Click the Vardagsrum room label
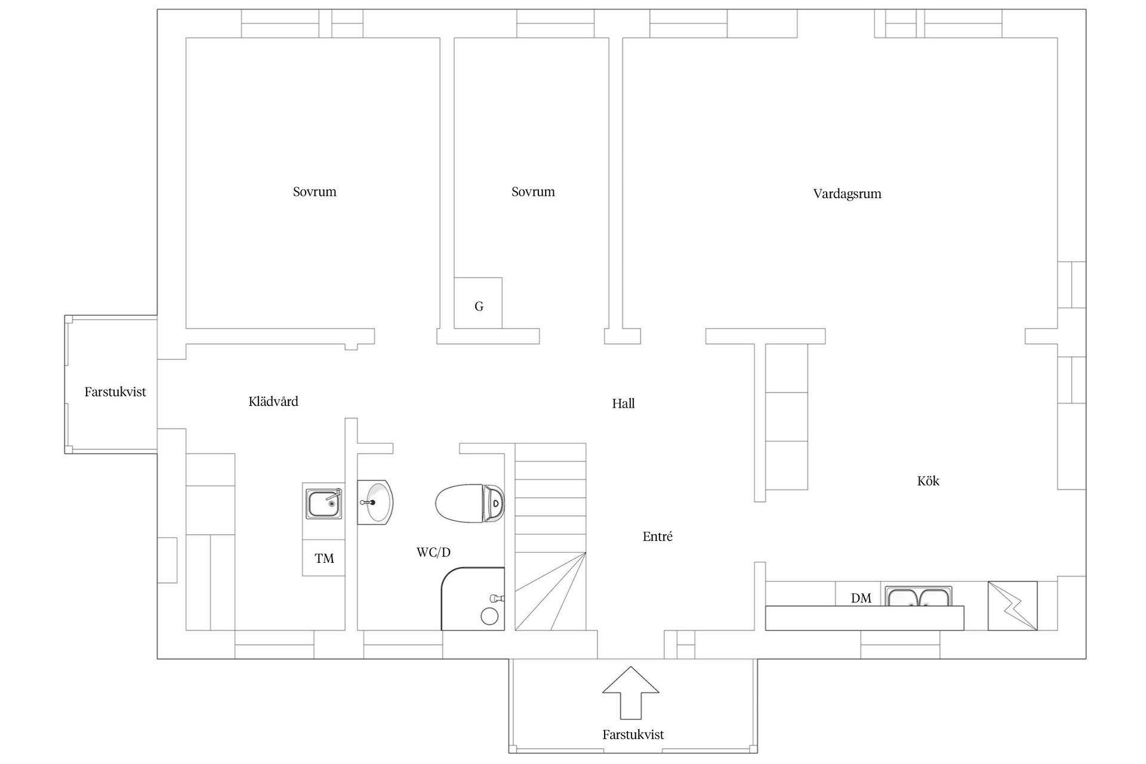(x=847, y=194)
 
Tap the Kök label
(x=928, y=480)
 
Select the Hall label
(x=623, y=403)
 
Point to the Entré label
(x=657, y=536)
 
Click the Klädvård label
(x=273, y=401)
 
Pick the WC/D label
(x=433, y=552)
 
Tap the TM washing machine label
(x=324, y=558)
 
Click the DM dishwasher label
(x=861, y=597)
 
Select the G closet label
(x=479, y=306)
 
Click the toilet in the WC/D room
(x=470, y=503)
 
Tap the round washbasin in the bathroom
(x=375, y=502)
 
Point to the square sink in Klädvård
(x=324, y=503)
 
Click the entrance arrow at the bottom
(x=630, y=692)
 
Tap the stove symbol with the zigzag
(x=1012, y=605)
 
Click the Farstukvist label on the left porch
(x=115, y=392)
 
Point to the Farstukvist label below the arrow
(x=633, y=734)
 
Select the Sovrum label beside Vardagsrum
(x=533, y=192)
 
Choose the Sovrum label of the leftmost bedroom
(x=315, y=192)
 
